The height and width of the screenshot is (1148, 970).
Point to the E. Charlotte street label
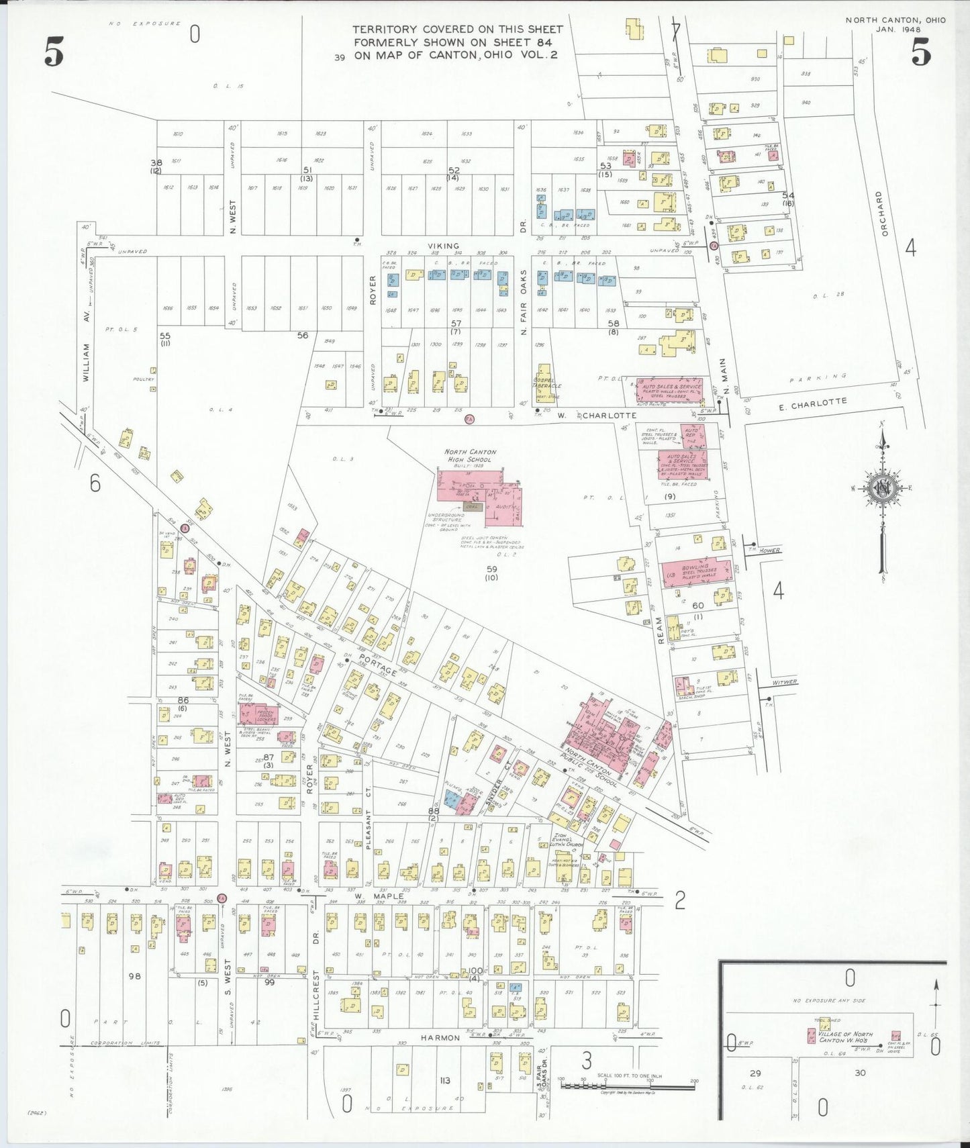(813, 405)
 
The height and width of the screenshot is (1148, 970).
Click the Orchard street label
(885, 213)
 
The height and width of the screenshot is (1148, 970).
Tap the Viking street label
(444, 246)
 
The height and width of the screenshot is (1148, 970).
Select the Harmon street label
(440, 1038)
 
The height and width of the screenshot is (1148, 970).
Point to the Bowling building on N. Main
(695, 572)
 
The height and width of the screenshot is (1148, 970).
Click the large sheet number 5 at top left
(54, 52)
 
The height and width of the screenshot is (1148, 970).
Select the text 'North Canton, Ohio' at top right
(895, 20)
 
